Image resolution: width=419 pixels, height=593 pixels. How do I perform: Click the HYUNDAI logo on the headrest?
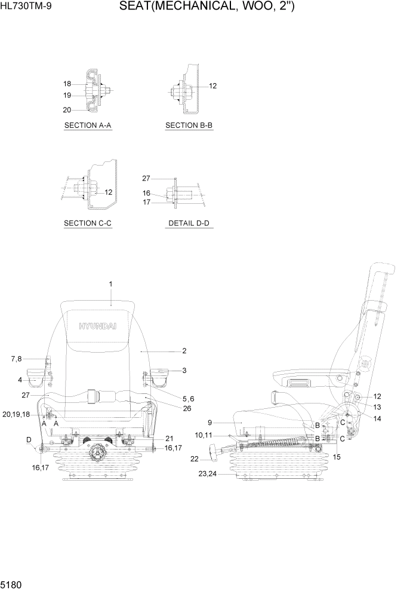point(100,326)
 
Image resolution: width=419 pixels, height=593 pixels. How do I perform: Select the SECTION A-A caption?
point(88,126)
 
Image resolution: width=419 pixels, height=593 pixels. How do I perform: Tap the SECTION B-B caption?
point(189,126)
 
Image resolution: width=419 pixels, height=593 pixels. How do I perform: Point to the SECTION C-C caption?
point(88,223)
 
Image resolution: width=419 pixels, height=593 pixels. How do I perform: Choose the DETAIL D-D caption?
point(189,223)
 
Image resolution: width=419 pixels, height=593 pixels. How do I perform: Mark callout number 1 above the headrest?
point(110,283)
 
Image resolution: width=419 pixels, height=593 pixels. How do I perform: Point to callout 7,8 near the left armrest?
point(16,359)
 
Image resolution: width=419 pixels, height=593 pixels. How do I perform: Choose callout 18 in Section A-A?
point(67,84)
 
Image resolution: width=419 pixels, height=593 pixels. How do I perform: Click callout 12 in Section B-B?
point(212,86)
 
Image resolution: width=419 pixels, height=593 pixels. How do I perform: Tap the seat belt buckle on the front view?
point(93,395)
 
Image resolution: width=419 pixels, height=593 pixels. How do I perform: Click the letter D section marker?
point(29,441)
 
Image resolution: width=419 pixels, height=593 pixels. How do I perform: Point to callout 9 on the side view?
point(209,423)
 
